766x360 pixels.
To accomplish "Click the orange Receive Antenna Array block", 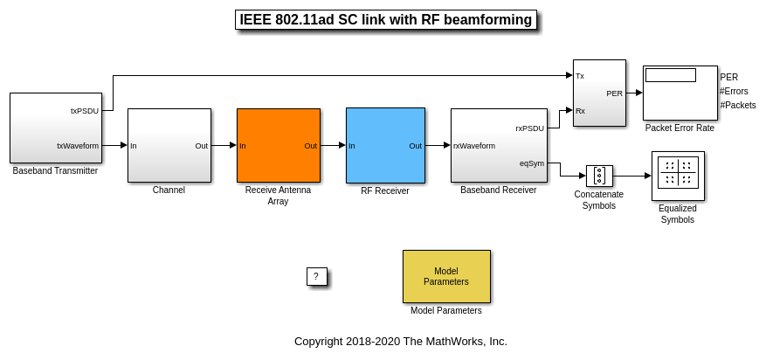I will point(278,145).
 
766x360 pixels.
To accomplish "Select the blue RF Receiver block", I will point(385,145).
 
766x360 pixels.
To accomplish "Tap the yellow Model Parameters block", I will point(445,276).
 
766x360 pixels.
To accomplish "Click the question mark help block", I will point(316,276).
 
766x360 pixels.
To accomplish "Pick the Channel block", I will point(169,145).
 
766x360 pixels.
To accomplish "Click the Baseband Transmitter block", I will point(55,128).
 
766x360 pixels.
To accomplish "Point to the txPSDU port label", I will point(85,111).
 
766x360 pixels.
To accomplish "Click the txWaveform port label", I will point(78,146).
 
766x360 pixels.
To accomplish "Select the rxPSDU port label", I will point(529,128).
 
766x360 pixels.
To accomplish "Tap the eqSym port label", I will point(531,163).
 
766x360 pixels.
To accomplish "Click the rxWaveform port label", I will point(474,146).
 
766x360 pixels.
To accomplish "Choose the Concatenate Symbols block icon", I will point(599,176).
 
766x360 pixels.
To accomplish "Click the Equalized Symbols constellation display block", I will point(678,176).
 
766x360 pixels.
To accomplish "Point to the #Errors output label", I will point(734,91).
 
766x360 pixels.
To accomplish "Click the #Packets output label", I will point(737,105).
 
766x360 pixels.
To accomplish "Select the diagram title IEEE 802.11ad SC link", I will point(385,20).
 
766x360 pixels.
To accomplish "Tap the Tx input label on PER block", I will point(580,76).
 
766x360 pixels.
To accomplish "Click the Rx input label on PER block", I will point(580,111).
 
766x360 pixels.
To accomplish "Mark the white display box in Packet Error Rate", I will point(670,75).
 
